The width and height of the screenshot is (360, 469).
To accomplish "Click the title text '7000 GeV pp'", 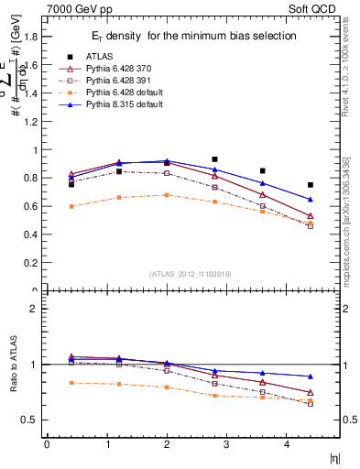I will point(72,9).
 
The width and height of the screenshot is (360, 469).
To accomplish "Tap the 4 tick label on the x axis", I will point(289,444).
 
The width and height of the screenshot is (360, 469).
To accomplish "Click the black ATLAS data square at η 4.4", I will point(311,185).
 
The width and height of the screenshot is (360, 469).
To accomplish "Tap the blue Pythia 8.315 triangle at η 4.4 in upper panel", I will point(311,199).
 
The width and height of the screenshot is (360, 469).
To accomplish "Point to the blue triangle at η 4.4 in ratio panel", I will point(311,376).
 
